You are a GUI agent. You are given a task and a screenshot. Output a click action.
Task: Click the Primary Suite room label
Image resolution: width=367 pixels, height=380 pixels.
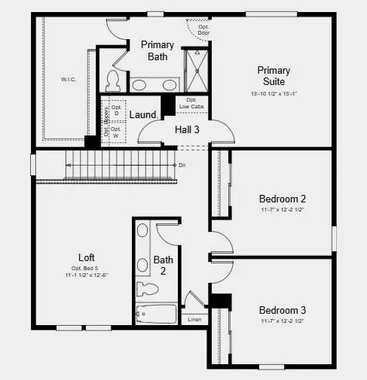coord(274,75)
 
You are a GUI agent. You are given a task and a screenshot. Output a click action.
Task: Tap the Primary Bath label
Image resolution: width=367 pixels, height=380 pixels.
coord(158,50)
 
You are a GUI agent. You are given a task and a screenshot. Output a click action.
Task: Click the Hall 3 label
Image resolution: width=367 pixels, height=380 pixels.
coord(188,129)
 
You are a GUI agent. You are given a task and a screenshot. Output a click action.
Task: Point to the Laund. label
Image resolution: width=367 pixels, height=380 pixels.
coord(143,114)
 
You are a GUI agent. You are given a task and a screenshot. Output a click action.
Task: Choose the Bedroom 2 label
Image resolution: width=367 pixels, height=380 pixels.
coord(282,199)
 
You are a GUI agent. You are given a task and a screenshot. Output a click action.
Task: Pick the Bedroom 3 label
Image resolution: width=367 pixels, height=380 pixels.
coord(282,310)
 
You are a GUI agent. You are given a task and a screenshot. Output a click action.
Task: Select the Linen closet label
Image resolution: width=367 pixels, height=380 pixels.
coord(194,319)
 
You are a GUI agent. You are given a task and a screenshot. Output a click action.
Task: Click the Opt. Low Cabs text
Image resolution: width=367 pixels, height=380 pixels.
coord(191,103)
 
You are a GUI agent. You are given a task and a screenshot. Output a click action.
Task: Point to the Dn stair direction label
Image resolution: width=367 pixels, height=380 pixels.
coord(182,165)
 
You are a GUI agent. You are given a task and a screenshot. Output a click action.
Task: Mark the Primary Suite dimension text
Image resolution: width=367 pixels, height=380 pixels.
coord(274,94)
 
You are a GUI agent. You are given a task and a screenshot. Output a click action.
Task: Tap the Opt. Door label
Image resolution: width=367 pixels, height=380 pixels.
coord(203,29)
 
